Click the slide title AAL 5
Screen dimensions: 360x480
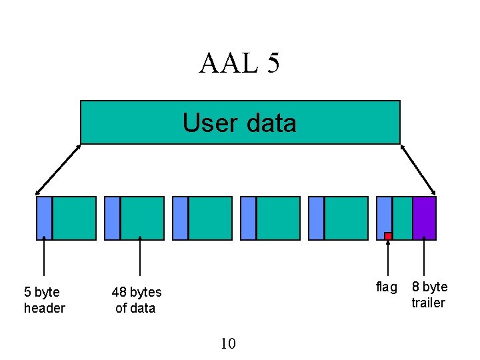(239, 63)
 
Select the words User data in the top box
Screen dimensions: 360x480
(239, 123)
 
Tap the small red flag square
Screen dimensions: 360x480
(388, 236)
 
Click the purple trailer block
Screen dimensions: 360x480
(424, 217)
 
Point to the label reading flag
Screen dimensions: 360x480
(386, 287)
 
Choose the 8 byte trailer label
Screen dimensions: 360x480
(429, 295)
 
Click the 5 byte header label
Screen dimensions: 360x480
(44, 300)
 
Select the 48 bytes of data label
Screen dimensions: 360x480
(136, 300)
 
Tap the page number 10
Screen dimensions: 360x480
(227, 343)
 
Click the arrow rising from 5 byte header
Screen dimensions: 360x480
(44, 257)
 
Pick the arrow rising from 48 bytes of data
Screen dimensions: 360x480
(140, 257)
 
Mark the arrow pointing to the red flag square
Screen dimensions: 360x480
(388, 259)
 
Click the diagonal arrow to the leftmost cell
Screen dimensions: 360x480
(57, 169)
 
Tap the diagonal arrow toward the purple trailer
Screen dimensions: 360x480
(418, 169)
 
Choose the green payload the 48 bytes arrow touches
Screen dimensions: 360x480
(142, 217)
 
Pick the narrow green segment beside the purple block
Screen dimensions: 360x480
(402, 217)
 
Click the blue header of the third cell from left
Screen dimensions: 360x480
(180, 217)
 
